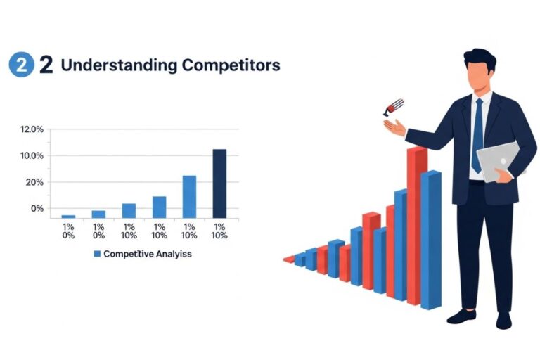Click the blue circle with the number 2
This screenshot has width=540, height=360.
[x=21, y=65]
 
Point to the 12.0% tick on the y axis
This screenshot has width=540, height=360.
[x=32, y=129]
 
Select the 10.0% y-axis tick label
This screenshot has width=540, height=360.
[x=32, y=155]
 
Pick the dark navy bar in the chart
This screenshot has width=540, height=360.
[x=219, y=183]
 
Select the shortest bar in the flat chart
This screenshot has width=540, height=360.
[x=68, y=217]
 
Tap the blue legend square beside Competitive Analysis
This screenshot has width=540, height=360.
[x=98, y=254]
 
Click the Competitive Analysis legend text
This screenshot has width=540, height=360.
[x=147, y=254]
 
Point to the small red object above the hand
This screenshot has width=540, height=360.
[x=392, y=107]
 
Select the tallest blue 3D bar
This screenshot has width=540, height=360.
[x=430, y=239]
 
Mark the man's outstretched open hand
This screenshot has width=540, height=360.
[x=394, y=128]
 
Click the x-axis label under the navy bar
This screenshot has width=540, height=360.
[x=219, y=231]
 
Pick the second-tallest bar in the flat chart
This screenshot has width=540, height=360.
[x=189, y=196]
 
